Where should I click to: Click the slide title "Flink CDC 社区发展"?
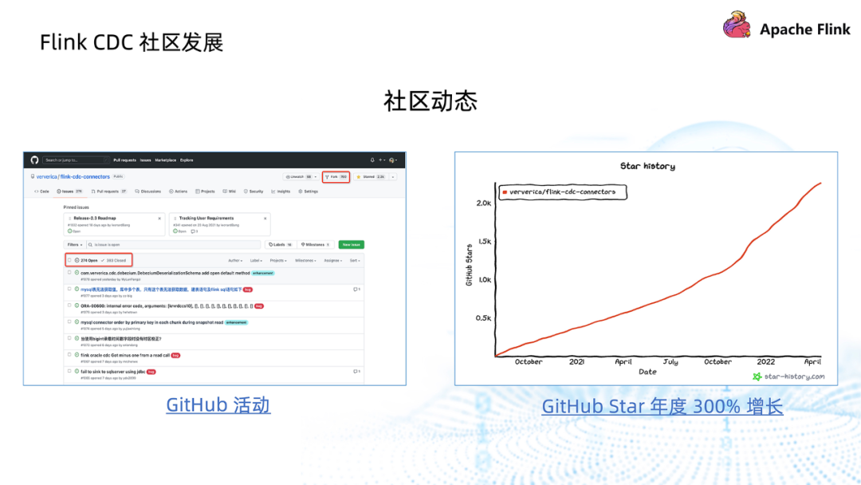coord(132,41)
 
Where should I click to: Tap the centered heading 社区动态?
coord(430,101)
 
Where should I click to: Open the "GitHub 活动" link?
coord(218,405)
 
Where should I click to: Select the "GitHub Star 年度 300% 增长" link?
coord(662,407)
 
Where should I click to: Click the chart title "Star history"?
coord(647,166)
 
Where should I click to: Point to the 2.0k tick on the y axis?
coord(483,203)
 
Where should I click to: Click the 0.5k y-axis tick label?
coord(483,318)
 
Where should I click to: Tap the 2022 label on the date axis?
coord(765,361)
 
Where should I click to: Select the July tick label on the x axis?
coord(670,361)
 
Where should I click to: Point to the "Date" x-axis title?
coord(647,372)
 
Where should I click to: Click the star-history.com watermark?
coord(788,377)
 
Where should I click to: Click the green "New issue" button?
coord(351,245)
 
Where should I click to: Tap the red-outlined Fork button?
coord(336,176)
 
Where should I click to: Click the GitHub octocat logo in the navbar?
coord(35,160)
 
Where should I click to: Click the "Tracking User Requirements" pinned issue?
coord(206,218)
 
